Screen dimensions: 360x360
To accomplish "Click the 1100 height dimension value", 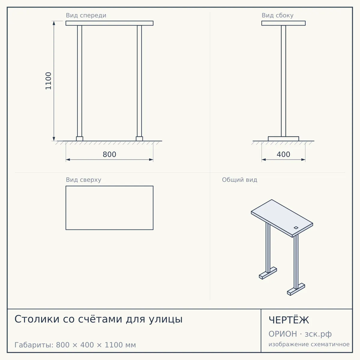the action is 48,81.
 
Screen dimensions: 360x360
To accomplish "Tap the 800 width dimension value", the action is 109,154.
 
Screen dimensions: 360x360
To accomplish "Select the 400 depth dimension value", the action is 283,154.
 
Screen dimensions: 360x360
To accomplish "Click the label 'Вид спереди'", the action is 86,15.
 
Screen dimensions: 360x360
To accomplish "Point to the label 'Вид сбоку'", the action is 277,15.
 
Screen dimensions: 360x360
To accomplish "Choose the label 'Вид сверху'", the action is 83,180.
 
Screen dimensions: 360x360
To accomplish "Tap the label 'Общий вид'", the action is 239,180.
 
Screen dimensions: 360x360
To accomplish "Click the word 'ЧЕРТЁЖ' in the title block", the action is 289,320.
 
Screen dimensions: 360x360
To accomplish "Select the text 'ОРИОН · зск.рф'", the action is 300,334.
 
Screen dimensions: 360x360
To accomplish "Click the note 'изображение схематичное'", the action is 309,344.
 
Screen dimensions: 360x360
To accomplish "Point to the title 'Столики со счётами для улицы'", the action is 98,319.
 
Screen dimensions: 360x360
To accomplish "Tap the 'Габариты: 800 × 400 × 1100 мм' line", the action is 75,345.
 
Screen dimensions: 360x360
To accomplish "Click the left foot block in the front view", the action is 79,139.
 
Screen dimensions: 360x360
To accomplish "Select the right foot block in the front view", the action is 139,139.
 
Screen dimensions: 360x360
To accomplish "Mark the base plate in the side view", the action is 283,139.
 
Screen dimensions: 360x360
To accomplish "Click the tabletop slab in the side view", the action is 283,23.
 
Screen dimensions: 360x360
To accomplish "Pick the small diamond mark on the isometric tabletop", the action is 296,227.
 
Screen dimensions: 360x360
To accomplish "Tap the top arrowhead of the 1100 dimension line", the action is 54,23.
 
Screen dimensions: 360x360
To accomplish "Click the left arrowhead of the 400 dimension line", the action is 264,160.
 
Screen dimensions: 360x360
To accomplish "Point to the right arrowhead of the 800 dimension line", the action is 151,160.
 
